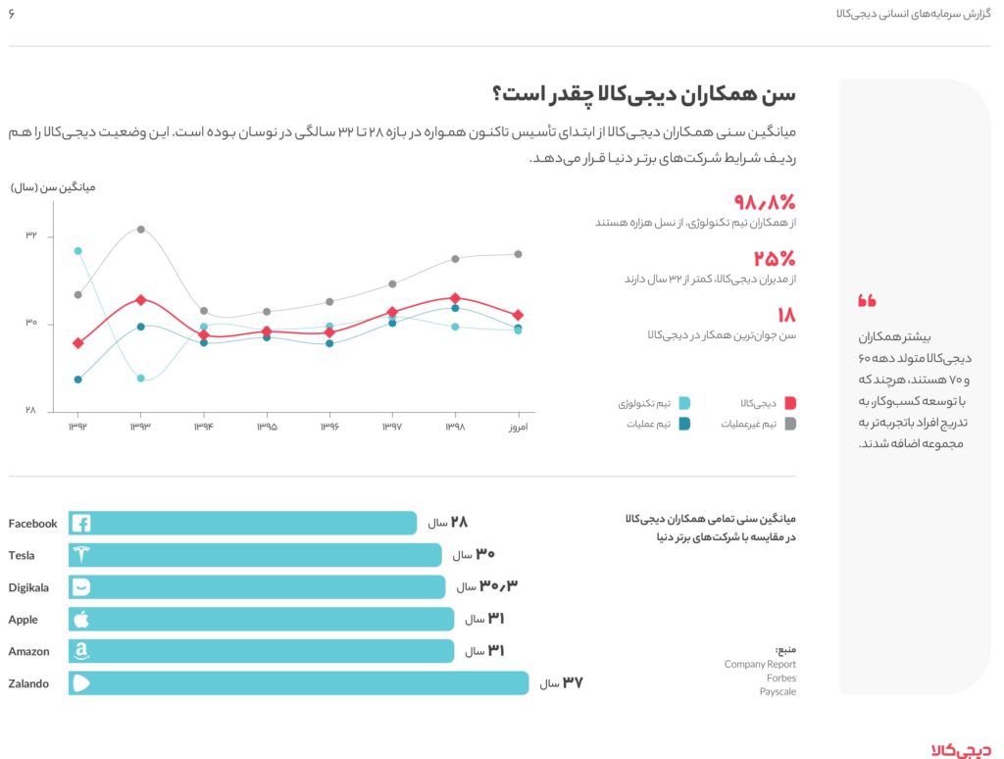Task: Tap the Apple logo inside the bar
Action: click(81, 620)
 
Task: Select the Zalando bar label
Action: click(28, 683)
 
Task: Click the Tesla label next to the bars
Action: click(22, 555)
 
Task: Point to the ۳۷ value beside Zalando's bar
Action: click(573, 683)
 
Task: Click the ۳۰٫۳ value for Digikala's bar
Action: click(499, 586)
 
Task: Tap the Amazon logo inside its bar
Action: click(81, 651)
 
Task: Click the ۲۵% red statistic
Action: click(775, 259)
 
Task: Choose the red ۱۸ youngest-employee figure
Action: click(786, 315)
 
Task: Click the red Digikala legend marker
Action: click(790, 403)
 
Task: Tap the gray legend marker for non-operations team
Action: click(790, 424)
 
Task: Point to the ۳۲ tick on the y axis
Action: click(31, 236)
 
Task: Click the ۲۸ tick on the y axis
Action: click(31, 411)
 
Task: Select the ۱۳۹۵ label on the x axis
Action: click(267, 428)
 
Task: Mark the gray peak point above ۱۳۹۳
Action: click(141, 229)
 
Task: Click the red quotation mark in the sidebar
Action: click(867, 300)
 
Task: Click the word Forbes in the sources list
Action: click(781, 678)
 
